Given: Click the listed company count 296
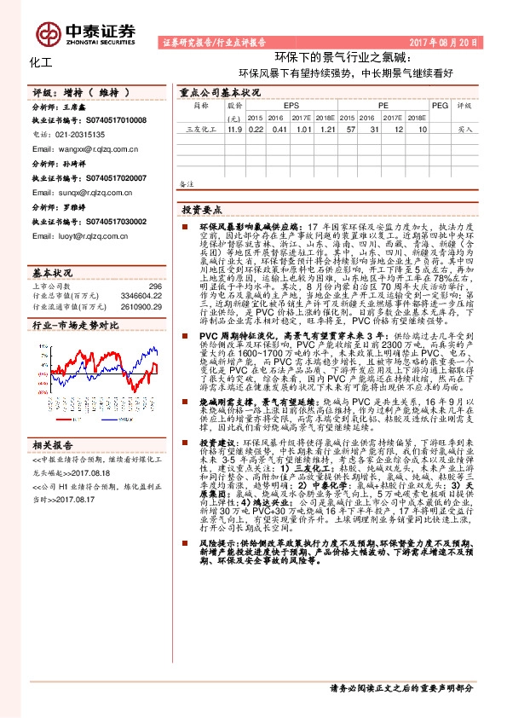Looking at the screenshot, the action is point(155,287).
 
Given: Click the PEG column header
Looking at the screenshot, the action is point(440,105).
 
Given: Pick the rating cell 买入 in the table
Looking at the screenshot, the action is point(465,130).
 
